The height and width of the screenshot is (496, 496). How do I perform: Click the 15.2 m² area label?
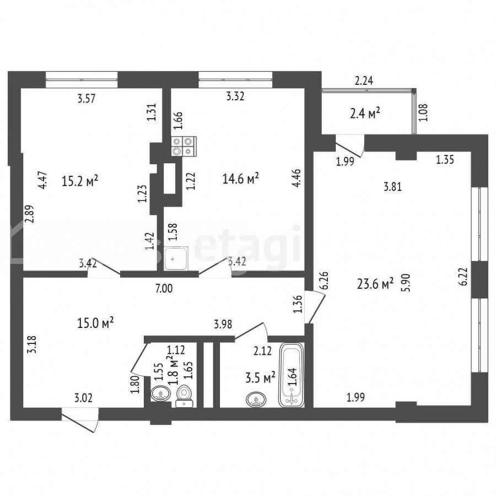click(80, 181)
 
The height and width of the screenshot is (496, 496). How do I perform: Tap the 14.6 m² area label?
click(241, 179)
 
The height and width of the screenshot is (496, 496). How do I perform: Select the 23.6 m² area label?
click(375, 284)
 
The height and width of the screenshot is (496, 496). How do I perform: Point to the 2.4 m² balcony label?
click(365, 113)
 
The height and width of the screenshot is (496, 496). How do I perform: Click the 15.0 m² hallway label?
click(95, 324)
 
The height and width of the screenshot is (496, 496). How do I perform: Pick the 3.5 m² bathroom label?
click(260, 378)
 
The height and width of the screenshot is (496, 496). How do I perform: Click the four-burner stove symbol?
click(184, 146)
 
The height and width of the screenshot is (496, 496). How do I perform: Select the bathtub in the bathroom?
click(292, 375)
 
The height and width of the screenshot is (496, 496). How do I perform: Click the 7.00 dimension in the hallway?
click(164, 288)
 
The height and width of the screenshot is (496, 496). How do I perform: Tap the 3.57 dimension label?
click(87, 99)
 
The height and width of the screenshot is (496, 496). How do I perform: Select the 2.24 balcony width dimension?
click(364, 81)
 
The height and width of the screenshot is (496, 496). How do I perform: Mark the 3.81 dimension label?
click(392, 187)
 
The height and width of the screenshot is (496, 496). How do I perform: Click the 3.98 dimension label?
click(223, 324)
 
